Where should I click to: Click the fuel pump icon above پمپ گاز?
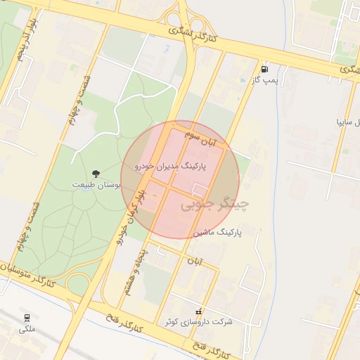264,69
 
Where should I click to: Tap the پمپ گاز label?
265,81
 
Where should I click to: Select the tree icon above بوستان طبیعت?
96,173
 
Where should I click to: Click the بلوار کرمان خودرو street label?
132,217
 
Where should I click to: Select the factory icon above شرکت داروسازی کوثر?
200,311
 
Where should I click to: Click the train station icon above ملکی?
27,318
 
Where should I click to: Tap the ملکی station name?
27,329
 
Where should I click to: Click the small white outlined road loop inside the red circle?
199,189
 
